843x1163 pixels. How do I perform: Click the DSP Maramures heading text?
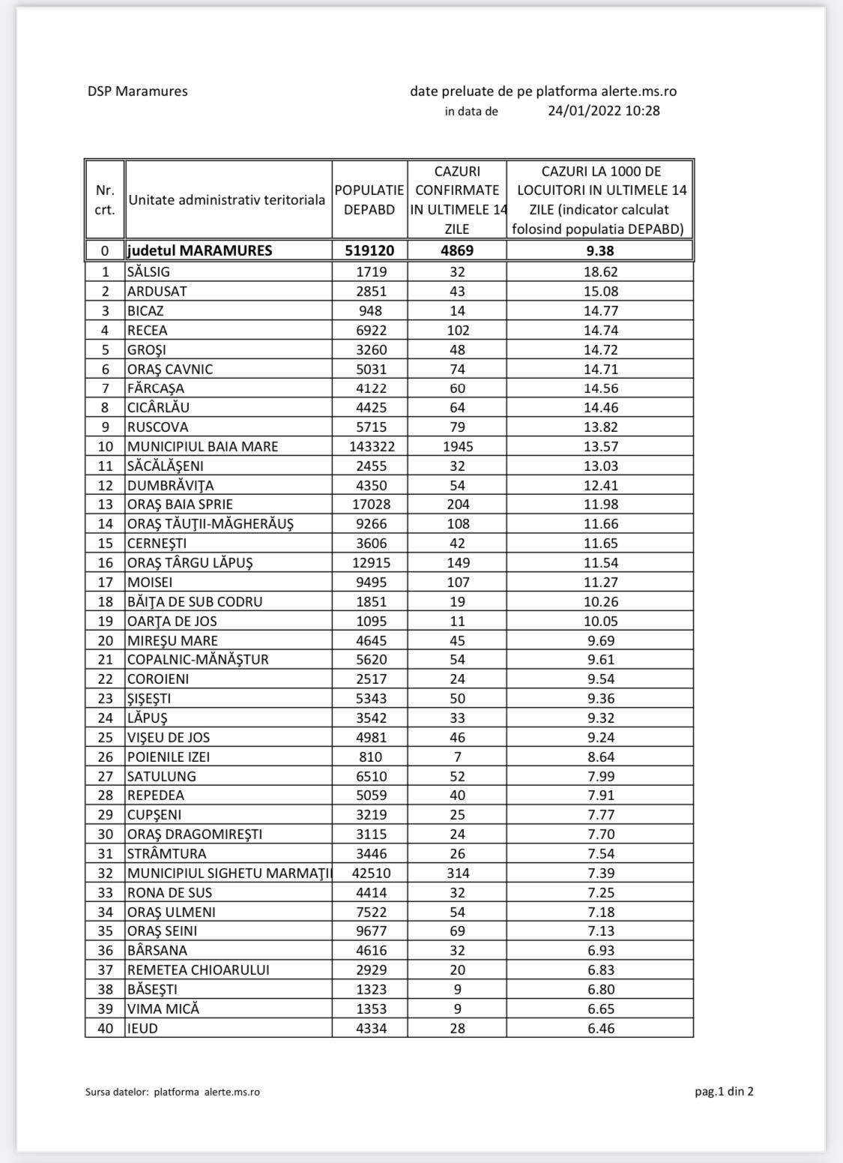click(x=137, y=91)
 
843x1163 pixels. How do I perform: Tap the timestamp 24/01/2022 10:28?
click(x=603, y=111)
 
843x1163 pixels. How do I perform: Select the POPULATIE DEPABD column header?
click(x=369, y=200)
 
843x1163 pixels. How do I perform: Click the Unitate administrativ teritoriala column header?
click(x=227, y=200)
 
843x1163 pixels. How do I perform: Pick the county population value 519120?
click(x=369, y=250)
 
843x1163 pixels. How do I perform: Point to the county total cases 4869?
click(x=457, y=250)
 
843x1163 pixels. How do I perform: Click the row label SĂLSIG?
click(x=148, y=272)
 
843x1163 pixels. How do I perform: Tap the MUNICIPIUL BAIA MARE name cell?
click(x=202, y=447)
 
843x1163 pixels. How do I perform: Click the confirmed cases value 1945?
click(x=457, y=447)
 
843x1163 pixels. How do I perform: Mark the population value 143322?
click(x=370, y=447)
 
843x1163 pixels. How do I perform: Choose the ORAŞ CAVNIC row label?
click(x=170, y=369)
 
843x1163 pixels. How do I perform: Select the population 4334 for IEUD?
click(x=371, y=1029)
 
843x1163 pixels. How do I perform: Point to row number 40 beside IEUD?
click(x=105, y=1029)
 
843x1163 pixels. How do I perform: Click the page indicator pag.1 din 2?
click(x=724, y=1091)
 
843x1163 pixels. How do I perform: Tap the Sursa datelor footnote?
click(x=172, y=1092)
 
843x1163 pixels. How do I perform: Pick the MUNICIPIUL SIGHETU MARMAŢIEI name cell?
click(x=229, y=874)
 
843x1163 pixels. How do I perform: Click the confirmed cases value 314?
click(x=457, y=874)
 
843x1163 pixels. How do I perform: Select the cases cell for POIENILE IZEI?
click(x=457, y=757)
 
